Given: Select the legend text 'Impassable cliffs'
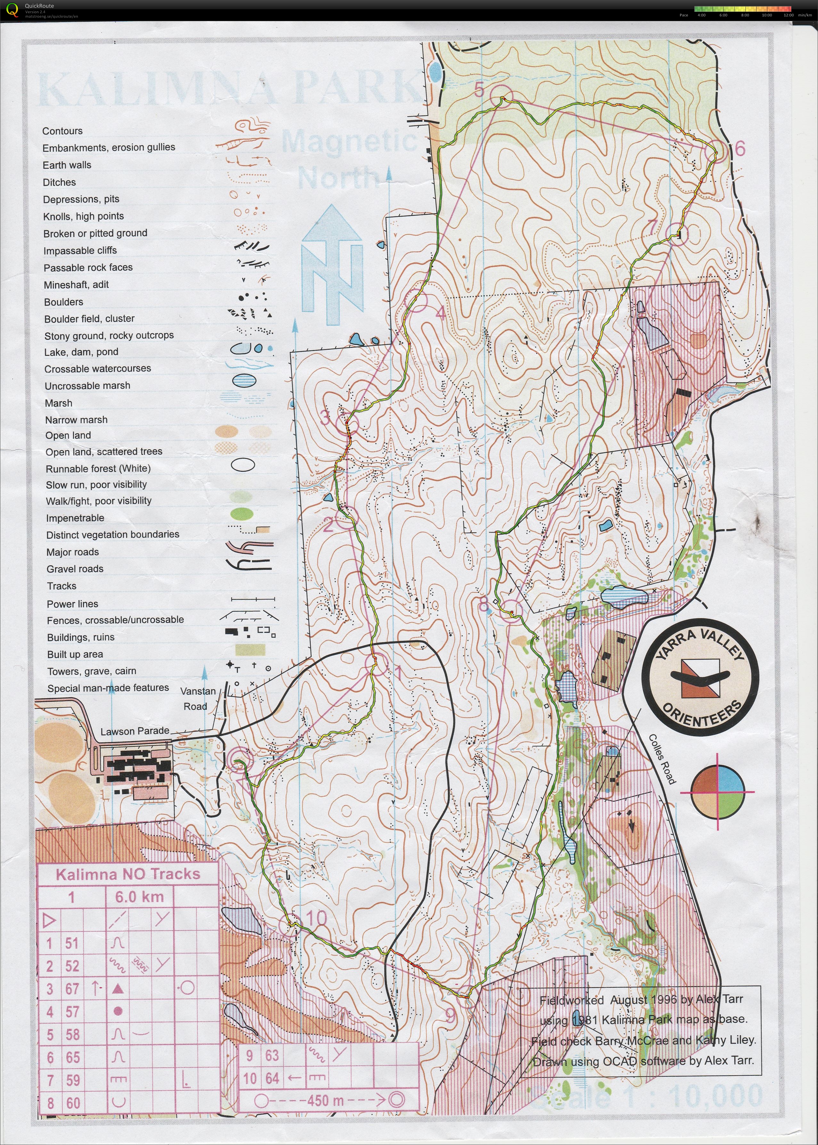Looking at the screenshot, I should tap(80, 250).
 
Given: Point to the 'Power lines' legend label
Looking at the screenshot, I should tap(72, 603).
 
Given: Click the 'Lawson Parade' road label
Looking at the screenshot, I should tap(135, 731).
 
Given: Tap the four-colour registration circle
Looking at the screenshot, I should tap(717, 791).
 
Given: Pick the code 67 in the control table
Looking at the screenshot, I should tap(72, 988).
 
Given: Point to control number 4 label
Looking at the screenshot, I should tap(440, 313).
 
